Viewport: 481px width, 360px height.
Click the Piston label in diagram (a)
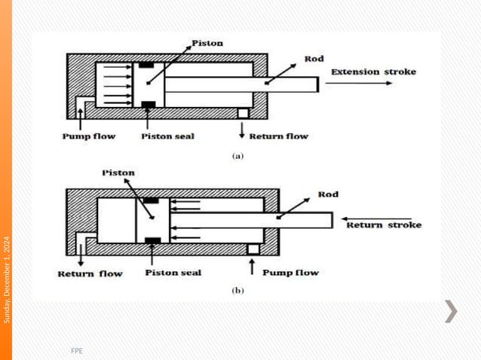(207, 43)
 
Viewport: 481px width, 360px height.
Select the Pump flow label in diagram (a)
(88, 136)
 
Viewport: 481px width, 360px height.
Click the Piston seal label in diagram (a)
(167, 136)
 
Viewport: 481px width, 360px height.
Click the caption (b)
(237, 289)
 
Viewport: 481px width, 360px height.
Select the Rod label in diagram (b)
(328, 194)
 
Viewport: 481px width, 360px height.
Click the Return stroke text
(383, 225)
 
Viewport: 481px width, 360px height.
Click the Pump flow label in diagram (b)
(290, 273)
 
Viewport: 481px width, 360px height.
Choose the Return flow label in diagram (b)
(90, 273)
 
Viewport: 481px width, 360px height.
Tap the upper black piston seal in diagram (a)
(149, 64)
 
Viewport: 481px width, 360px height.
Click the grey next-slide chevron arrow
(450, 311)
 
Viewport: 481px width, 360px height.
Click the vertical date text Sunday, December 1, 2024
(7, 279)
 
